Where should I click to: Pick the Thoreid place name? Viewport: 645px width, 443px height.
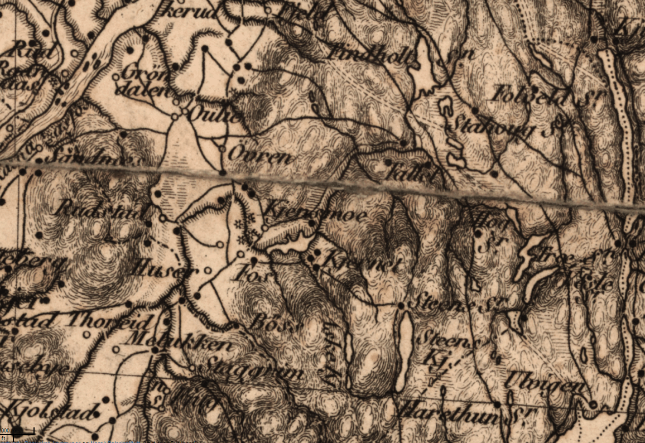pos(110,322)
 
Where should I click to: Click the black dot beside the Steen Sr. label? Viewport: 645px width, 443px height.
pos(401,306)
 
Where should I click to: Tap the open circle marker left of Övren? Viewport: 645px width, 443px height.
pos(222,149)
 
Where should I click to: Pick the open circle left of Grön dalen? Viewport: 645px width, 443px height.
pos(115,76)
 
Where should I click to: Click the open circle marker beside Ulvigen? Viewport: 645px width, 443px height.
pos(593,403)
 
